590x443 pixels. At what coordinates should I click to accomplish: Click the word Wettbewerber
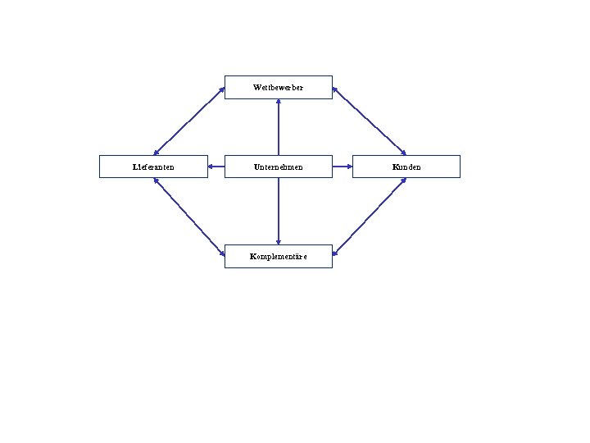278,87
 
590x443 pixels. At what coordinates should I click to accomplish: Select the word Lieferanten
153,167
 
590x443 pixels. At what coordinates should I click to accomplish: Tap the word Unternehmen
278,167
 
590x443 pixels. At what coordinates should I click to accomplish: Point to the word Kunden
406,167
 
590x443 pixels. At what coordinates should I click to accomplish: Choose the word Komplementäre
278,257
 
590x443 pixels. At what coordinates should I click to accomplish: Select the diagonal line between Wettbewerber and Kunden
369,120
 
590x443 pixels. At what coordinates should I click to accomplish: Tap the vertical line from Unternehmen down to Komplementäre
279,209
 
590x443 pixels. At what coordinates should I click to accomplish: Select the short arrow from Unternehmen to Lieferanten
216,167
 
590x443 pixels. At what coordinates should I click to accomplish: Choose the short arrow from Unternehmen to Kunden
343,167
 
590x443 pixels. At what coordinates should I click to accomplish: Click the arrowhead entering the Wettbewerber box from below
279,102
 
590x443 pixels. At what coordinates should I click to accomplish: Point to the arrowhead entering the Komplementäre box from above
279,242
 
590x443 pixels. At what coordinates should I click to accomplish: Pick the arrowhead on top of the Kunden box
403,153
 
